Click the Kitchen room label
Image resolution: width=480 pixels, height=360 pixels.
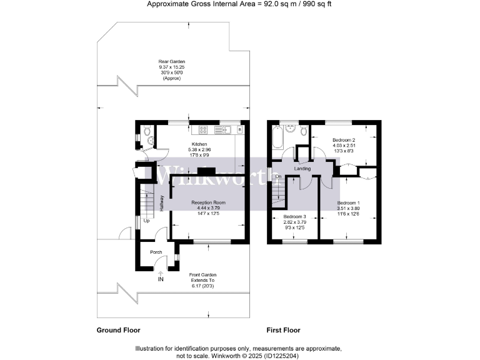point(199,144)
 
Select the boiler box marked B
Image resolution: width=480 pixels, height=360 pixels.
point(239,130)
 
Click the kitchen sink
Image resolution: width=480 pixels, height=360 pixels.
point(222,130)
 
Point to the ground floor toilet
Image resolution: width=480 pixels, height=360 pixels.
point(145,131)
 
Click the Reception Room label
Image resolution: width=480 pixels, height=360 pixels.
point(208,203)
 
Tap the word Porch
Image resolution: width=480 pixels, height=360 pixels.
point(156,252)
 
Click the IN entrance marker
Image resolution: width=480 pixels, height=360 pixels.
point(161,279)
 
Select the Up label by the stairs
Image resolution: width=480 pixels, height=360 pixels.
point(146,221)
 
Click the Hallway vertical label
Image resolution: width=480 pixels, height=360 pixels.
point(161,203)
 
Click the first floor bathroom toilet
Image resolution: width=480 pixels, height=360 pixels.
point(302,131)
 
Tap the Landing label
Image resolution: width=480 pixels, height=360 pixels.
point(303,168)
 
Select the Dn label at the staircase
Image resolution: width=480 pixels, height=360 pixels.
point(278,176)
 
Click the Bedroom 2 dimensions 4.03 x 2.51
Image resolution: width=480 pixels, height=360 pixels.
point(344,144)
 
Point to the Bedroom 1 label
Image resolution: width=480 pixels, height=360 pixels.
point(349,203)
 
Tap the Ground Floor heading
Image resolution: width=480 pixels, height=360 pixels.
point(118,330)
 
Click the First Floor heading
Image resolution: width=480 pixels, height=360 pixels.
point(283,330)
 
